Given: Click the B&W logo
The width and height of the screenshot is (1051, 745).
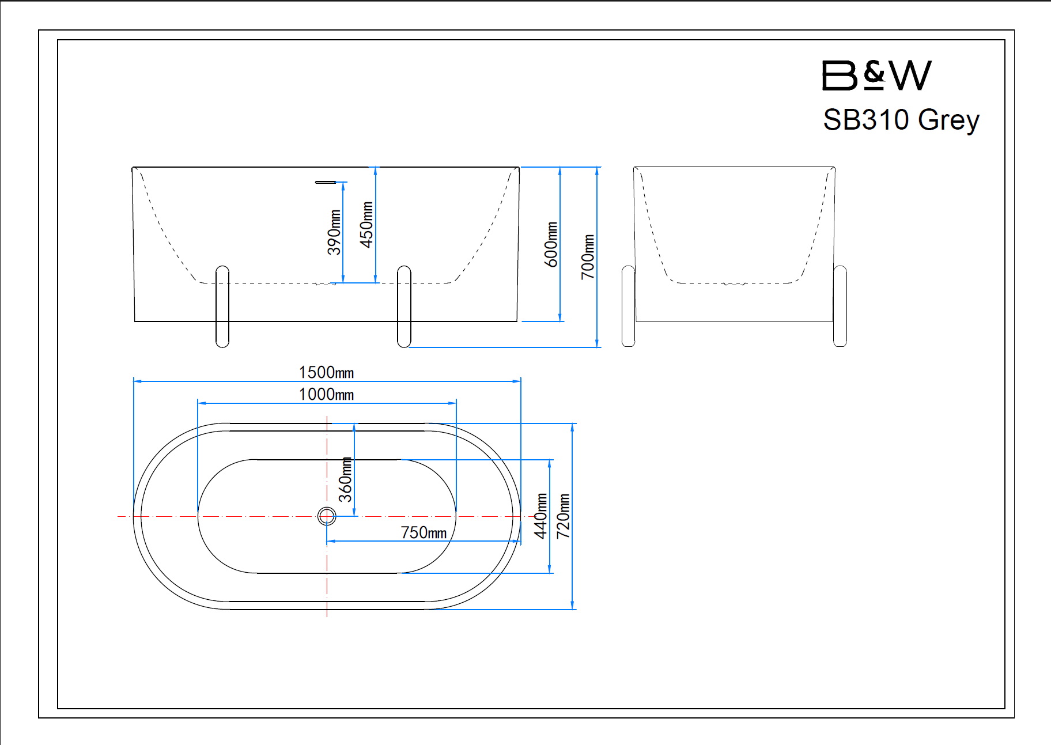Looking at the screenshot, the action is [876, 75].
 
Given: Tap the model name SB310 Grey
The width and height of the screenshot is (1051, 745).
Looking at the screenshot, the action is [901, 120].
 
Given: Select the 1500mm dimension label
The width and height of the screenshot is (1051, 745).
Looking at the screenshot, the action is [326, 372].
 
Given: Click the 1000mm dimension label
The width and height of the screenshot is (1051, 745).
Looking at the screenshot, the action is [326, 395].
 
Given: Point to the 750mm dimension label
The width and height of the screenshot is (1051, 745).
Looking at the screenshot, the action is [424, 532].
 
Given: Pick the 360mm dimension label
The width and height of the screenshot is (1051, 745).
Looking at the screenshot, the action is [345, 479].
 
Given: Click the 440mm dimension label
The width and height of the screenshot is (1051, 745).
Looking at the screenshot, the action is [540, 516].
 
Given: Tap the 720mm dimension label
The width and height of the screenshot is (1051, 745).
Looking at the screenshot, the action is [563, 516].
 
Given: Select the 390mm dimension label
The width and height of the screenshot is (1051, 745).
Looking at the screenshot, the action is [334, 232].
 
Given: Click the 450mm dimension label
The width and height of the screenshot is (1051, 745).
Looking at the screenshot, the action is [366, 225].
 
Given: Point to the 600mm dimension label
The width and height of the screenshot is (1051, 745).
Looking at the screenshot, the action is [551, 244].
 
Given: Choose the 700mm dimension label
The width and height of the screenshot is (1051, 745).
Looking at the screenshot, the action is [587, 257].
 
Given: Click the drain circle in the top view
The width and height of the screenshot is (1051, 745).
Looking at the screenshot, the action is [327, 516].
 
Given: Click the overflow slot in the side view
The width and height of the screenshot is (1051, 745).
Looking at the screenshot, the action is [326, 182].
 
